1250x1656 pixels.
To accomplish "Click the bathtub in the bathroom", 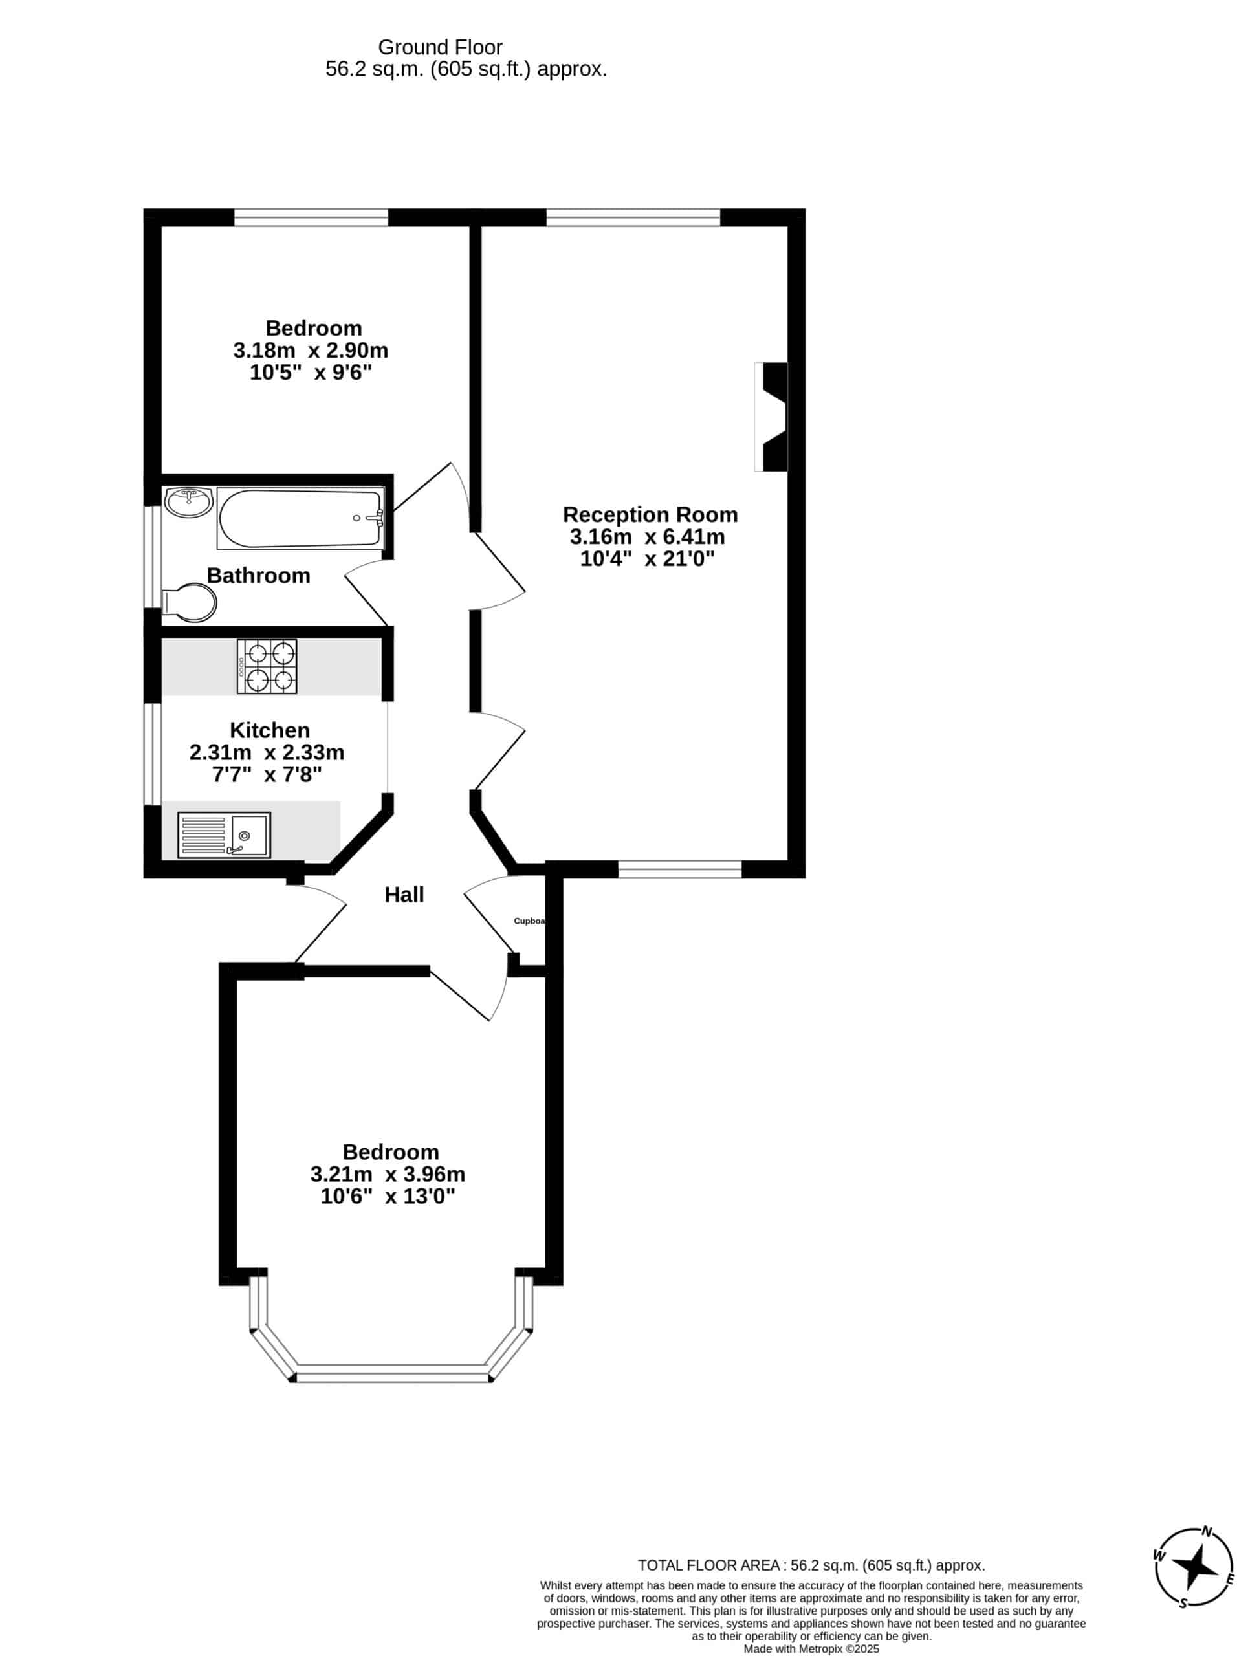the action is (300, 517).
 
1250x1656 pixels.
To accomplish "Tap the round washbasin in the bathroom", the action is (189, 501).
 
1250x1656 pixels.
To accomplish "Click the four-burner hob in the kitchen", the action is (267, 666).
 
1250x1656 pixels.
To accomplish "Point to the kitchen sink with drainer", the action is (224, 834).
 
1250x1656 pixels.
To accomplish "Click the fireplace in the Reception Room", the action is (771, 417).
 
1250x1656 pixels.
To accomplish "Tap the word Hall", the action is (404, 895).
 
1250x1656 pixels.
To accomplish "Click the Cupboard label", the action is (529, 921).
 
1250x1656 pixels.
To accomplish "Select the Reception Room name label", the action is (650, 514).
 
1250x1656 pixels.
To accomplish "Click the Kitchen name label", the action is (270, 730).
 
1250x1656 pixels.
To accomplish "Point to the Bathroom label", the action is (258, 575).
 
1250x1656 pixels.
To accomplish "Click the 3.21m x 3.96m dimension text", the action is (388, 1173).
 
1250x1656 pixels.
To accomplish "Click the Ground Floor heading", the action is (441, 47).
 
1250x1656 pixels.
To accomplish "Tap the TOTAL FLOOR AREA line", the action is (811, 1565).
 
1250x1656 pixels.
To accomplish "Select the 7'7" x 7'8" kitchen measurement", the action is (267, 774).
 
